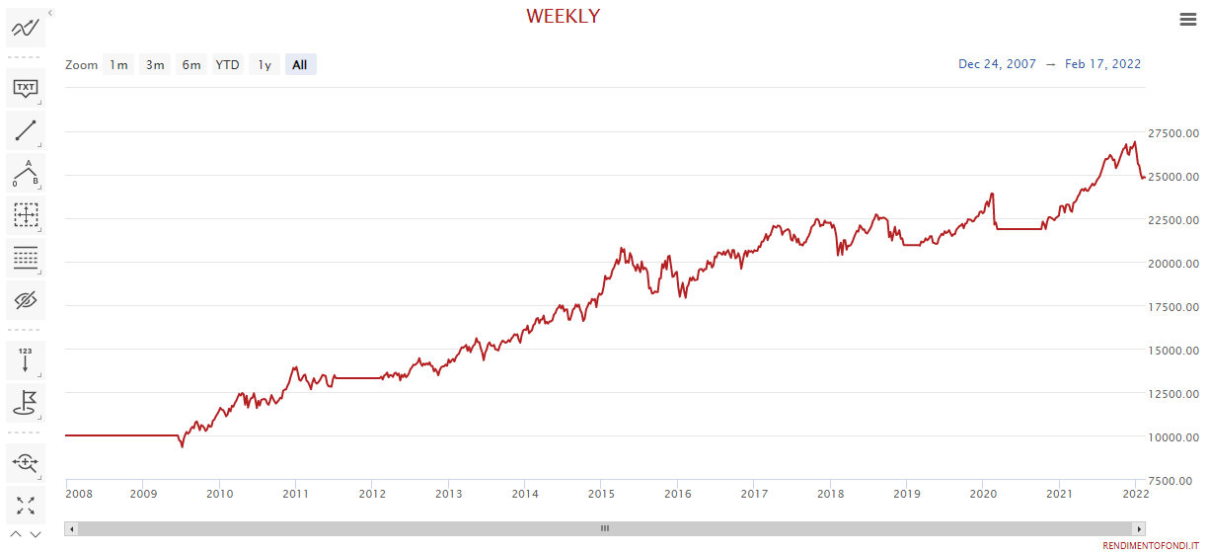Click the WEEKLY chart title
coord(563,16)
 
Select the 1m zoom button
coord(118,65)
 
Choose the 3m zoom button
coord(155,65)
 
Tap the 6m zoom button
coord(191,65)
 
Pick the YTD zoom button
coord(228,65)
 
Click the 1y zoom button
coord(264,65)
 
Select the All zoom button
coord(300,65)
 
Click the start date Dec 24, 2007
coord(997,64)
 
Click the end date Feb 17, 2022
coord(1102,64)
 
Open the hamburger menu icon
coord(1188,19)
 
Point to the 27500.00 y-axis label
coord(1173,133)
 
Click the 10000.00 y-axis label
coord(1173,437)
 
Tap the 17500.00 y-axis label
coord(1173,307)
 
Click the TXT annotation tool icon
coord(26,88)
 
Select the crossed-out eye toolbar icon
coord(26,299)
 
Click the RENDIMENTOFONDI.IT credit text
coord(1151,545)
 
